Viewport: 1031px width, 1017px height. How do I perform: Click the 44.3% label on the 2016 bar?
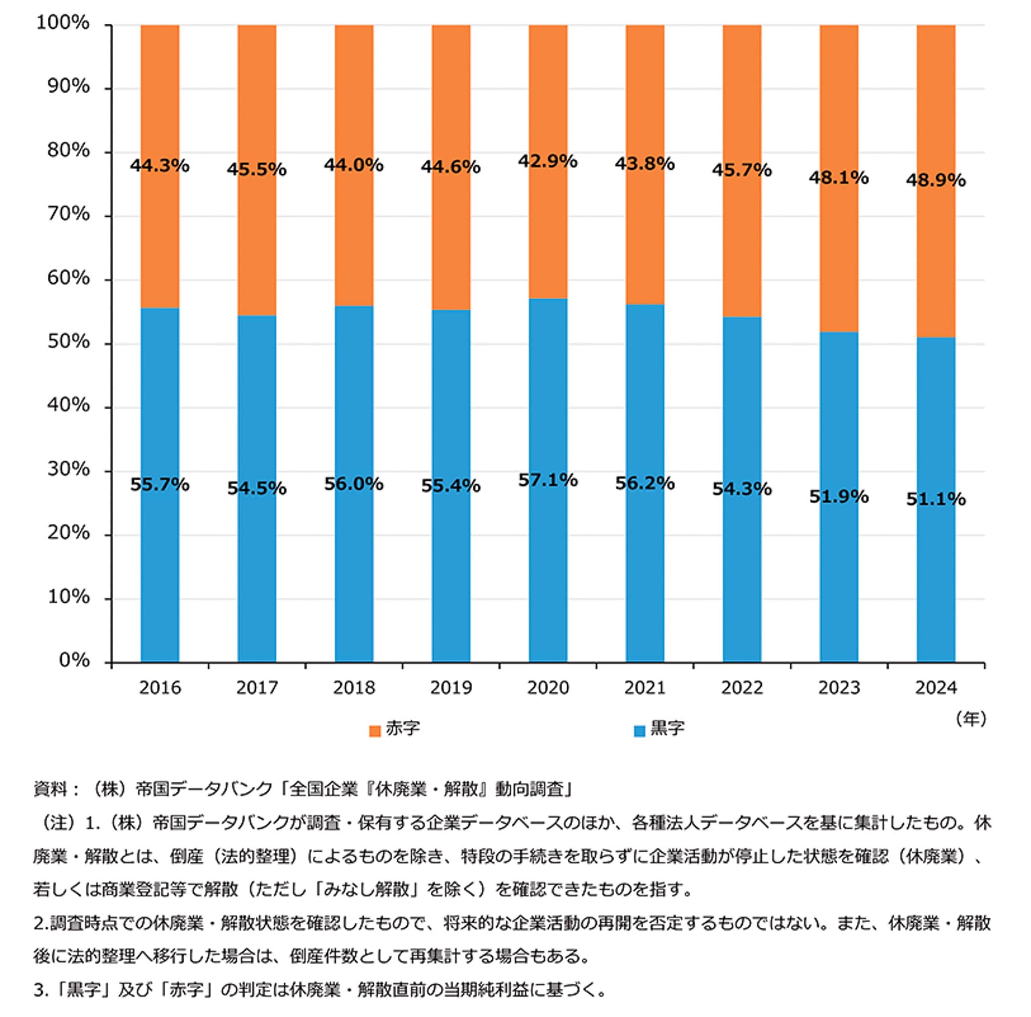click(160, 166)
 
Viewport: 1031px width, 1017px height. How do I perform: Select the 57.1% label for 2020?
click(548, 480)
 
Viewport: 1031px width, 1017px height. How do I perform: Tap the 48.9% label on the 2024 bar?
click(935, 180)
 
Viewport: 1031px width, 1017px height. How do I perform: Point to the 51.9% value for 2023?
click(838, 497)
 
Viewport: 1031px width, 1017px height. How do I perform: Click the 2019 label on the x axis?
click(451, 688)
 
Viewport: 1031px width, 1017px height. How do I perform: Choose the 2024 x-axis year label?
click(936, 688)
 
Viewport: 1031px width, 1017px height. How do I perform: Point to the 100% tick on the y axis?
click(63, 24)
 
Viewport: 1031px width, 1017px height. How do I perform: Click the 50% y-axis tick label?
click(68, 342)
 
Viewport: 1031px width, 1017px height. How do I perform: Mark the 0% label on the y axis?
click(74, 660)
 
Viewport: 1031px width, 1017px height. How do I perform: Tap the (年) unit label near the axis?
click(971, 719)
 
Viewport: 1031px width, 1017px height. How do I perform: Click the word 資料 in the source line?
click(50, 788)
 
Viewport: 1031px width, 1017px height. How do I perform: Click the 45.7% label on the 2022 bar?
click(742, 170)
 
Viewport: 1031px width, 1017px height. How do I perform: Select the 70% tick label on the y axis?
click(68, 214)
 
